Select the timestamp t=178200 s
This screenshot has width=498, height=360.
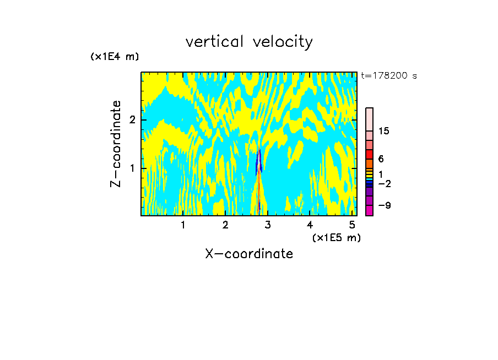388,76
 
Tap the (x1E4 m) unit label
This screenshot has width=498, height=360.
115,57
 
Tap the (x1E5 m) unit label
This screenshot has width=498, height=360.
336,237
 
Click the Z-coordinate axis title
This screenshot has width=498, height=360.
116,144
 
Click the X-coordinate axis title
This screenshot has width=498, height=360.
249,254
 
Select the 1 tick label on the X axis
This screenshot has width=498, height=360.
183,225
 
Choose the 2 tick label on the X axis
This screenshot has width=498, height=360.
225,225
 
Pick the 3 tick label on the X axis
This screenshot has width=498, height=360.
268,225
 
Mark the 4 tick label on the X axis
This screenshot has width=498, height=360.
310,225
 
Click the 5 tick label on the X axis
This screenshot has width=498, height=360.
353,225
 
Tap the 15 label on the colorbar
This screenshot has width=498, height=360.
384,131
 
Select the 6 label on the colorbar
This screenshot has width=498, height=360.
381,159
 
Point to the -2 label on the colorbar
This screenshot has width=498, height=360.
384,184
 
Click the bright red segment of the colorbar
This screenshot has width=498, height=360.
369,154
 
